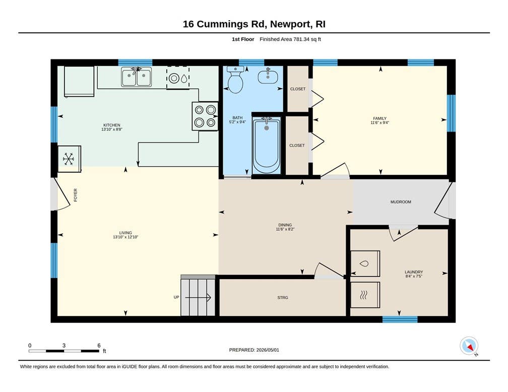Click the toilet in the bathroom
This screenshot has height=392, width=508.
[x=235, y=80]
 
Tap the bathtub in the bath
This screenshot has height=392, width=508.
[x=266, y=146]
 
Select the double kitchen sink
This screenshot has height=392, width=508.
[x=137, y=77]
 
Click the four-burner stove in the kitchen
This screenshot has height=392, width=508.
[x=205, y=116]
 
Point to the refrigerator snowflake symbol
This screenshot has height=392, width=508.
[x=69, y=159]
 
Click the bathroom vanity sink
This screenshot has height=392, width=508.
[x=268, y=76]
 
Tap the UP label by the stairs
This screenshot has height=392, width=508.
[x=176, y=297]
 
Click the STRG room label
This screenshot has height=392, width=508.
[x=283, y=297]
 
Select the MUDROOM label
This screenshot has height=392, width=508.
[x=401, y=202]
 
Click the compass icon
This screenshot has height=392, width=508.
[x=469, y=346]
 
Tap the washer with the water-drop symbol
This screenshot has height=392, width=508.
[x=365, y=264]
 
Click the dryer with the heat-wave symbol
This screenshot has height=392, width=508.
[x=365, y=295]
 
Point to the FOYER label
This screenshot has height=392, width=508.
[x=76, y=195]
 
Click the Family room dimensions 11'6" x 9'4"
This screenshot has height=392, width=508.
[x=379, y=123]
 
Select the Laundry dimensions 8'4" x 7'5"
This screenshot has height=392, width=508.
[x=414, y=276]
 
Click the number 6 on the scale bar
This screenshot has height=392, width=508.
[x=99, y=345]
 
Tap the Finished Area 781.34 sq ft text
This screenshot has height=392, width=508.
[x=290, y=39]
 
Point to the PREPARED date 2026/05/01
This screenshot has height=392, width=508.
[x=268, y=350]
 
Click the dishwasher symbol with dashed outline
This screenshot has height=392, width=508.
[x=178, y=78]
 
